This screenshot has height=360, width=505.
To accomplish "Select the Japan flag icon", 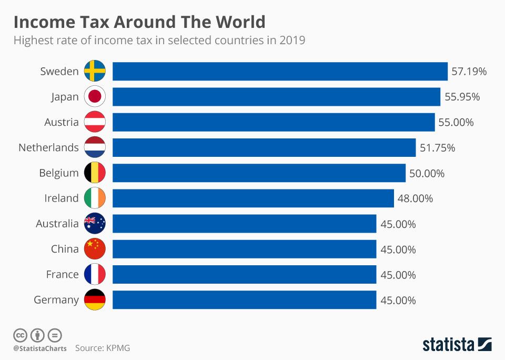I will (95, 97).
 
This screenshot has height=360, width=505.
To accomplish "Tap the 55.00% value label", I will (456, 122).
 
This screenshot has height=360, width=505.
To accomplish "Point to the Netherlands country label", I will (48, 147).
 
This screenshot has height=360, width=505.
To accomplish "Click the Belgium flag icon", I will (95, 173).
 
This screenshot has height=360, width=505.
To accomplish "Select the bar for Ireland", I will (253, 198).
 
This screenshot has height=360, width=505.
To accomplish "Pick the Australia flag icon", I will (95, 224).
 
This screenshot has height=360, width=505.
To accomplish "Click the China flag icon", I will (95, 249).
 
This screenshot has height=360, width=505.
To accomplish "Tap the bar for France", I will (244, 274).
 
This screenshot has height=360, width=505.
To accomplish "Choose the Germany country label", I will (56, 300).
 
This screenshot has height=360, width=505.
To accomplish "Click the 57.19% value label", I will (469, 71).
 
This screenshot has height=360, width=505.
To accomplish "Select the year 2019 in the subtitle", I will (292, 41).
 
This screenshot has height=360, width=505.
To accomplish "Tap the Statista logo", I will (457, 345).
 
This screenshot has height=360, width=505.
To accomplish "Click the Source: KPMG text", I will (102, 348).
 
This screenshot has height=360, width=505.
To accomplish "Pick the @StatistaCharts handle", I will (40, 348).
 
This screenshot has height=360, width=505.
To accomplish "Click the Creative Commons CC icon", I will (20, 335).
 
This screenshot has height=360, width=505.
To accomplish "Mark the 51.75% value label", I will (437, 147).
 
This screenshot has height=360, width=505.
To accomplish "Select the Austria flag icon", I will (95, 122).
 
